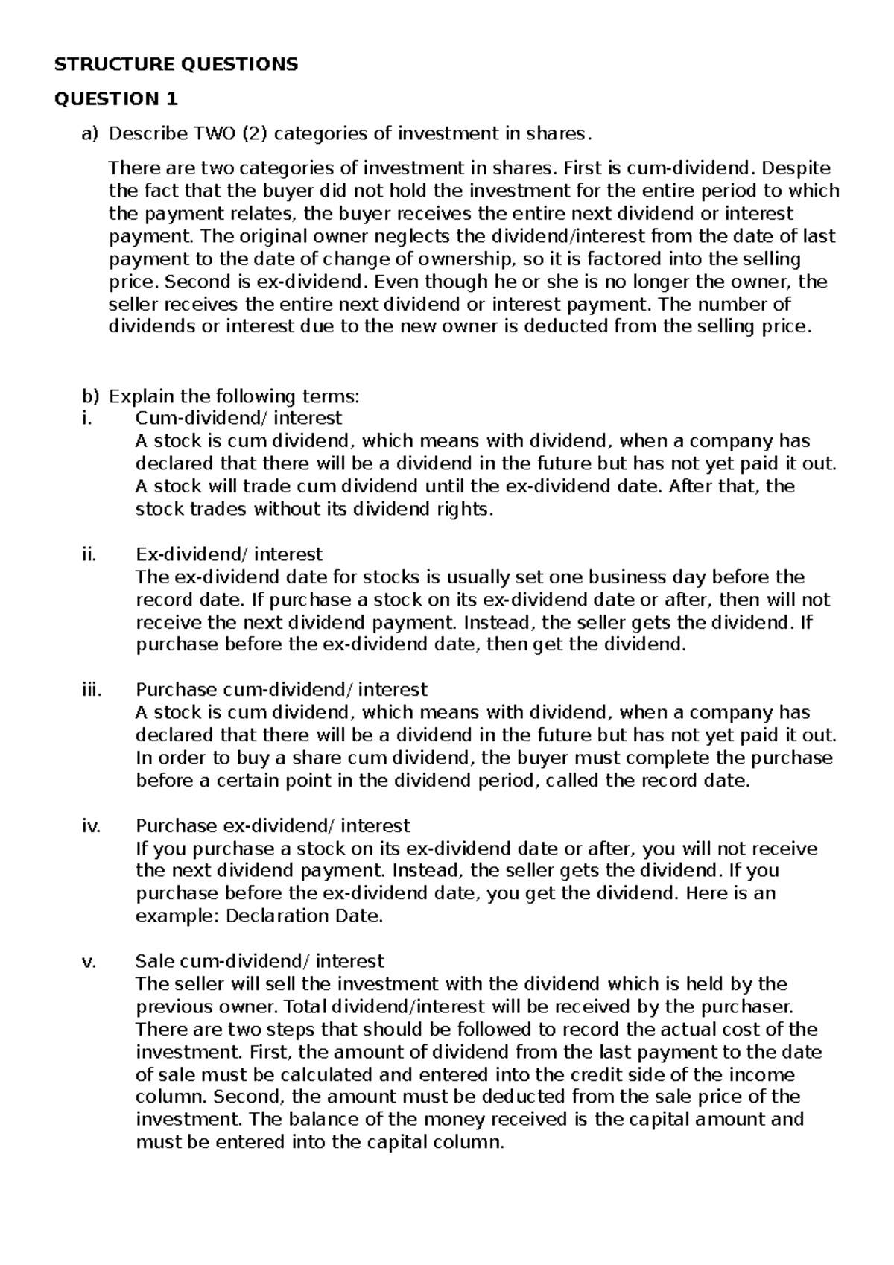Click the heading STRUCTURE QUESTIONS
point(176,64)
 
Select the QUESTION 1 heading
point(116,98)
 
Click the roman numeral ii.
point(89,554)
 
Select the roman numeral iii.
point(90,690)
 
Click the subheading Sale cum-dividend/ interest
point(260,961)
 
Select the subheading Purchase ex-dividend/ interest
point(273,825)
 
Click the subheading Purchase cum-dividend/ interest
point(282,690)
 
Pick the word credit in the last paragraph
point(595,1075)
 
